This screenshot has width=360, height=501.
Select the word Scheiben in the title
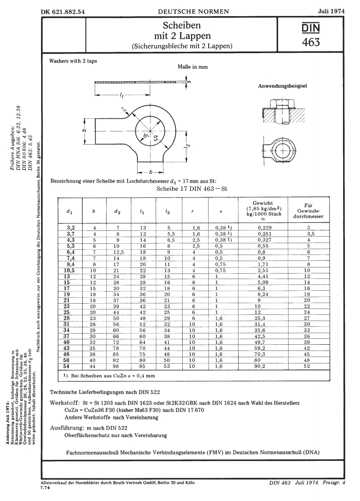180,25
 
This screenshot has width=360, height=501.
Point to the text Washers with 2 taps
76,61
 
